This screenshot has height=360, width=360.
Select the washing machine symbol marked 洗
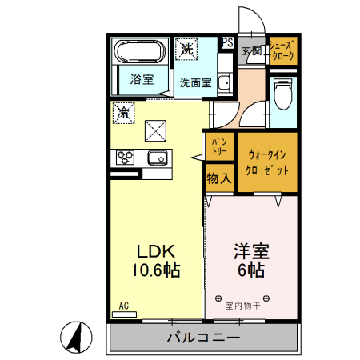pyautogui.click(x=186, y=49)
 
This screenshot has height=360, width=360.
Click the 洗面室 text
pyautogui.click(x=194, y=81)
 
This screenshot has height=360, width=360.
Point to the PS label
pyautogui.click(x=228, y=42)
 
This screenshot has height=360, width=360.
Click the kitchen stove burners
pyautogui.click(x=126, y=156)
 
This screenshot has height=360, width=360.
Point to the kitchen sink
pyautogui.click(x=158, y=156)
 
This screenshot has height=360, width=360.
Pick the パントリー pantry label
pyautogui.click(x=218, y=146)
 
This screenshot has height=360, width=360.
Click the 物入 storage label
pyautogui.click(x=218, y=178)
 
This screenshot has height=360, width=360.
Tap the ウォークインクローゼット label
pyautogui.click(x=268, y=162)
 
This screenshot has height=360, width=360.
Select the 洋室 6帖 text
pyautogui.click(x=250, y=259)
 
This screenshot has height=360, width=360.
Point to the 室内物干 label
pyautogui.click(x=242, y=304)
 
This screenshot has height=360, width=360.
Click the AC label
pyautogui.click(x=124, y=305)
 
